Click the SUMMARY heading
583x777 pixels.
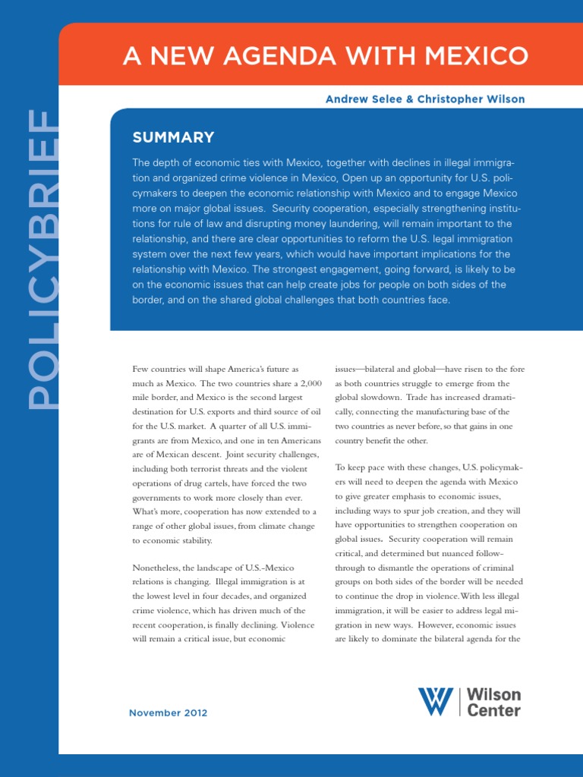pos(173,137)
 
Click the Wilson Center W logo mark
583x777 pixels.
pos(435,702)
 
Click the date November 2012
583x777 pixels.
pos(168,713)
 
